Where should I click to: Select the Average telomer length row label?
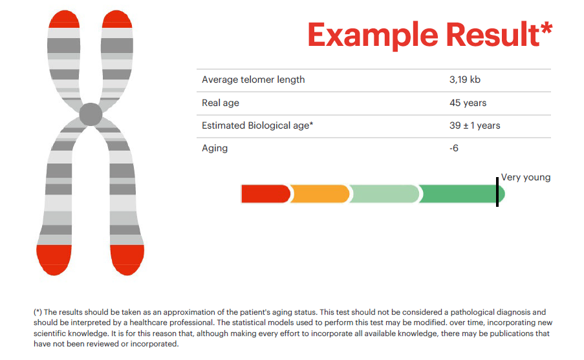coord(253,79)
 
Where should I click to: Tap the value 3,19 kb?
coord(465,79)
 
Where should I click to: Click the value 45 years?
coord(468,103)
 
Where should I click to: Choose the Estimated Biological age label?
coord(257,125)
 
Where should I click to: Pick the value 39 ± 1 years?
coord(475,125)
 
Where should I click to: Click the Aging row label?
coord(215,148)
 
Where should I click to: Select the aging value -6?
coord(454,148)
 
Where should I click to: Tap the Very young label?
coord(526,177)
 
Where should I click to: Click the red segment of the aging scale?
coord(265,193)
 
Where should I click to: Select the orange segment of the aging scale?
coord(319,193)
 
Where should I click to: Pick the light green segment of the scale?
coord(384,193)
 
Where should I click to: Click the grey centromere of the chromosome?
coord(91,114)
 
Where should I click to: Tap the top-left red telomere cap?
coord(63,19)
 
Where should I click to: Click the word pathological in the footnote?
coord(462,312)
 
